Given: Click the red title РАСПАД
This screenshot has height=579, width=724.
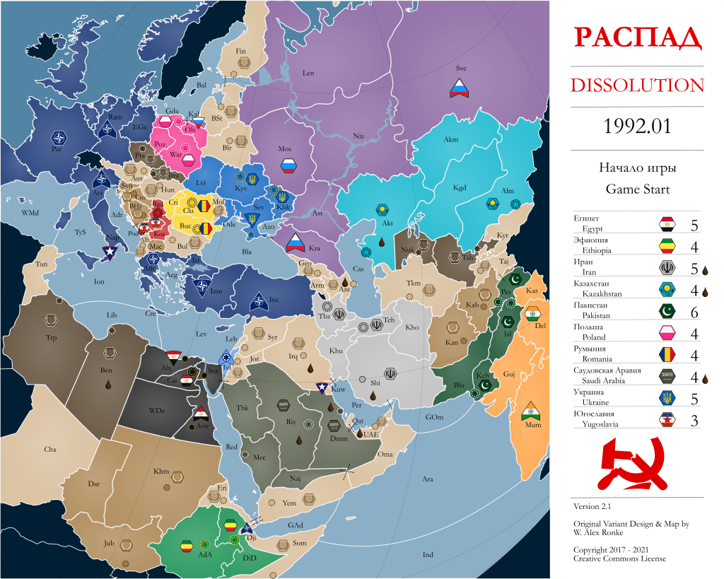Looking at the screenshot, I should point(637,37).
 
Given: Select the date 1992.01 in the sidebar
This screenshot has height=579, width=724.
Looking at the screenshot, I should point(637,128).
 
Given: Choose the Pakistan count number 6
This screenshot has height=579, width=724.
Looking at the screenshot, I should point(694,313).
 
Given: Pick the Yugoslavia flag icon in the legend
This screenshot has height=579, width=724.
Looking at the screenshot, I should point(667,421).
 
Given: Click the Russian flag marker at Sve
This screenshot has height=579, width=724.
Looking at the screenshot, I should point(461,88).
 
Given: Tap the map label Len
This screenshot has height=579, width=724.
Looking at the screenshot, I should point(308,74).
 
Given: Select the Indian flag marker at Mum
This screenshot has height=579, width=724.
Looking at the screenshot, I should point(529,412).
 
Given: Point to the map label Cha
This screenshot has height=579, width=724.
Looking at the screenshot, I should point(50,450).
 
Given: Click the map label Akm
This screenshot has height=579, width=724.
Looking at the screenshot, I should point(450,140).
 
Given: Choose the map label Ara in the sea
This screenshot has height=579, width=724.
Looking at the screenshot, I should point(428,479).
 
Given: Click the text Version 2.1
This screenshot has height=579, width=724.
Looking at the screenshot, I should point(592,506).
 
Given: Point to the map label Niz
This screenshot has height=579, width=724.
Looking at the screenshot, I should point(358,136).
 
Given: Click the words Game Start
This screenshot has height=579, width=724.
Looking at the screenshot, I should point(637,189).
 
